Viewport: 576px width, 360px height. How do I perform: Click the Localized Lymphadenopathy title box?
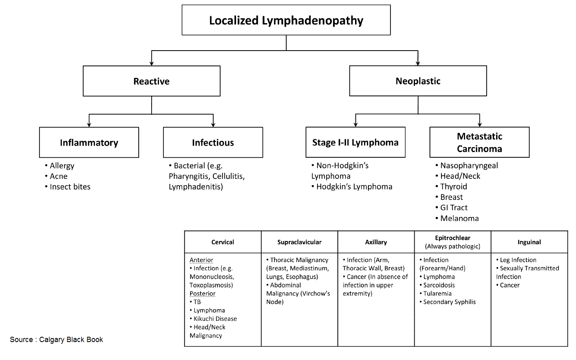point(286,20)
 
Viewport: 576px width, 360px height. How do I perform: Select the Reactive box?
point(151,81)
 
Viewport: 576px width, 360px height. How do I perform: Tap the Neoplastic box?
point(418,81)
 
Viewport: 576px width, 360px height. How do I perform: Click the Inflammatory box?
point(89,142)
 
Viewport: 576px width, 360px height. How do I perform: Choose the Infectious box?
point(213,142)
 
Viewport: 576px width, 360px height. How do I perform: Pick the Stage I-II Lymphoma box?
point(355,142)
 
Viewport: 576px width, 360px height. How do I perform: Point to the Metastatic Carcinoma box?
point(479,142)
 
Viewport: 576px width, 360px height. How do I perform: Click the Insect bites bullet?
point(70,187)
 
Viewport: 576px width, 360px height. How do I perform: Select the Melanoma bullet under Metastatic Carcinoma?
point(459,218)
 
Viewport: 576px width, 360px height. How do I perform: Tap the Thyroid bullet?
point(453,186)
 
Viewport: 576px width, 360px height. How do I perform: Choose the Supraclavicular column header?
point(299,242)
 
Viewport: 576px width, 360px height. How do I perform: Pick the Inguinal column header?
point(529,242)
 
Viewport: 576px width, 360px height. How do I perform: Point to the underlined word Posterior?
point(203,294)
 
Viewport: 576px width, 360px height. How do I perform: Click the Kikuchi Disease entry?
point(215,319)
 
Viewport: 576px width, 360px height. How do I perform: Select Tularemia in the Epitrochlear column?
point(437,294)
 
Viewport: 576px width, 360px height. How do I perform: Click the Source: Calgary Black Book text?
point(56,340)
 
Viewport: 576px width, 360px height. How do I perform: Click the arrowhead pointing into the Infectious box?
point(213,125)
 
